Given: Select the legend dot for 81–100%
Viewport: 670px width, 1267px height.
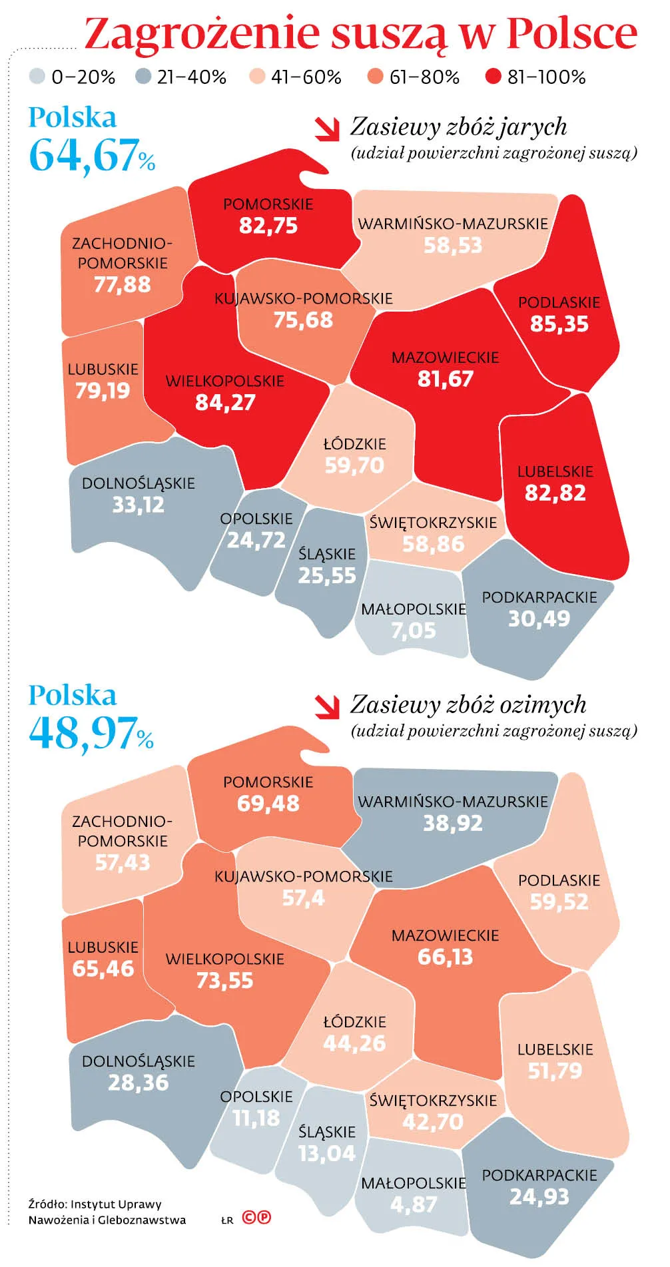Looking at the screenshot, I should (493, 77).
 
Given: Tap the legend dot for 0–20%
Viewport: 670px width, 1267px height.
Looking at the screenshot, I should (37, 77).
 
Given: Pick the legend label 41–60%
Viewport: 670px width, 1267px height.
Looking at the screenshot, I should (306, 78).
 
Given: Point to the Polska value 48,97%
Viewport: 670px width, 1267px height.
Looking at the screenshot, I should (91, 733).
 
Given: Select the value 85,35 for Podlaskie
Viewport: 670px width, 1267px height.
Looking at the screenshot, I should (559, 324).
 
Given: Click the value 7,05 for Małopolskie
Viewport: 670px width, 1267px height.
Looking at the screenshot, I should (413, 631).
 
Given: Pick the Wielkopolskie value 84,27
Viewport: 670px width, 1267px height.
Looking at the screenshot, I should (225, 403).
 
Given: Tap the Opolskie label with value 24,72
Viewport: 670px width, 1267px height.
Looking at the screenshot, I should (256, 519).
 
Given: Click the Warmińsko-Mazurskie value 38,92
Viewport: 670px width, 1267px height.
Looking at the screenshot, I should (452, 824).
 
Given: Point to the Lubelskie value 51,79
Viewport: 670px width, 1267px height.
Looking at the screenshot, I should (555, 1071).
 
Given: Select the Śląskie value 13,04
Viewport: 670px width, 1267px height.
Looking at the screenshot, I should (326, 1154).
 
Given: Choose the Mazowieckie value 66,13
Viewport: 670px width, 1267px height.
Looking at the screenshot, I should (445, 957).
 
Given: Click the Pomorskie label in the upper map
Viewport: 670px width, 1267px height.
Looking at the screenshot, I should (268, 204).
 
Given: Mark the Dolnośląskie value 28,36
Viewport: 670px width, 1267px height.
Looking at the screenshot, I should (138, 1083).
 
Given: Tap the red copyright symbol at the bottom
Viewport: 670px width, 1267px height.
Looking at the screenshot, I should (249, 1218).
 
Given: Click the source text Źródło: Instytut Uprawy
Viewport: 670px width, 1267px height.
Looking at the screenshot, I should (95, 1204).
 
